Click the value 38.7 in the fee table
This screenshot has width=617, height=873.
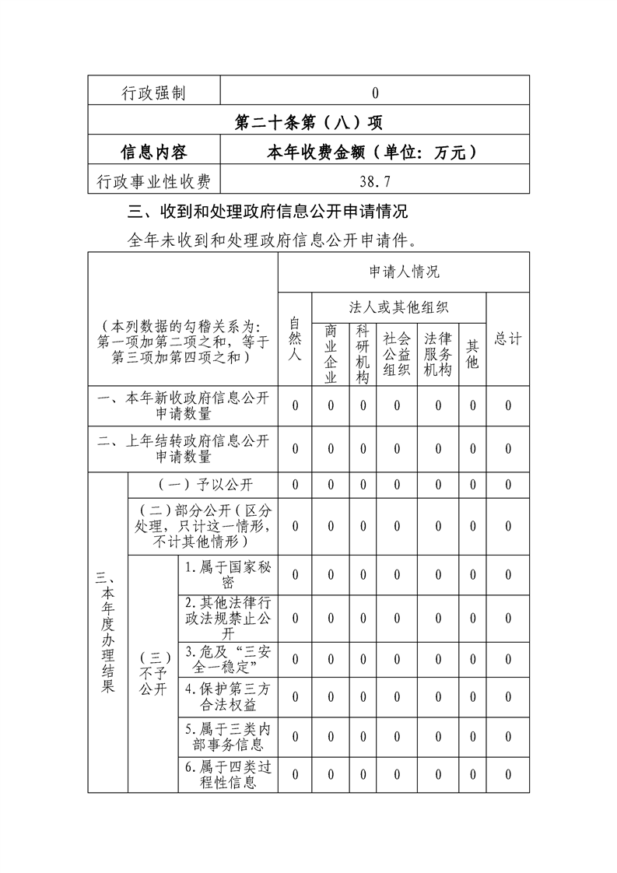(x=375, y=182)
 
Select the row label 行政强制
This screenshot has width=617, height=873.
(x=154, y=93)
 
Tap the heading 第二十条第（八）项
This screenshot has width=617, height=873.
(x=308, y=123)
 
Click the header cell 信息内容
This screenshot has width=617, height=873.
(x=154, y=153)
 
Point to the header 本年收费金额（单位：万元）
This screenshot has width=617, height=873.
(x=375, y=153)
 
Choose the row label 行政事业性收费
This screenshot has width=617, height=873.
(x=154, y=182)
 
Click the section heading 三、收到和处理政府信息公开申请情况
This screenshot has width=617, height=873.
(x=268, y=212)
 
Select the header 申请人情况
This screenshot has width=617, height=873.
(x=404, y=272)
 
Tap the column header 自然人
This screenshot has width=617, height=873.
(x=295, y=338)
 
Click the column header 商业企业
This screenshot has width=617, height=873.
(x=330, y=354)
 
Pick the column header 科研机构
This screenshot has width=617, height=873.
(x=363, y=354)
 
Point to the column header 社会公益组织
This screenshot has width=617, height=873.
(x=397, y=354)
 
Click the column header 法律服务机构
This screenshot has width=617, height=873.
(x=438, y=354)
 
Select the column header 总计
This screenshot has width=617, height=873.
(x=508, y=338)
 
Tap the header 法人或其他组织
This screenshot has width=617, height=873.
(x=399, y=307)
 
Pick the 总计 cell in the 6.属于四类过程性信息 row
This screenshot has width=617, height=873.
(x=508, y=774)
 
